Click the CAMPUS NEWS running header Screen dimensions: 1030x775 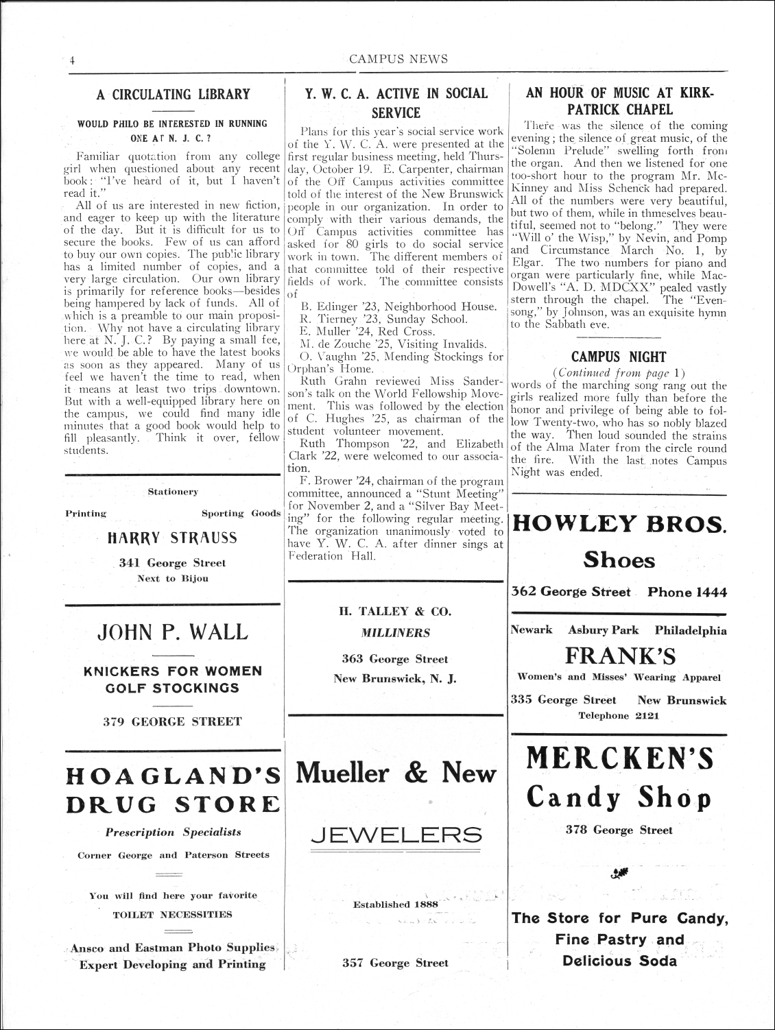[398, 59]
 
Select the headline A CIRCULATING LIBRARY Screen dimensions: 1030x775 [173, 95]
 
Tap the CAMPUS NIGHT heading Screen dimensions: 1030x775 [618, 357]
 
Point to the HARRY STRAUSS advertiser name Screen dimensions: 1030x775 [173, 538]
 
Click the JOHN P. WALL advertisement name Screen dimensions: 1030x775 [173, 631]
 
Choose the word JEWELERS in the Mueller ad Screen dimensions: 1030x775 [396, 834]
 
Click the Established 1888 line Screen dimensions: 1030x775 [391, 905]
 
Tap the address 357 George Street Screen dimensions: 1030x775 [395, 963]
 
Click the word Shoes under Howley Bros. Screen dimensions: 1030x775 [619, 560]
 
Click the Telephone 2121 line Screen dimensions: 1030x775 [618, 716]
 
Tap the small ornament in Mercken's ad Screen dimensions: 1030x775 [618, 872]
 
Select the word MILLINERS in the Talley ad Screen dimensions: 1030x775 [396, 633]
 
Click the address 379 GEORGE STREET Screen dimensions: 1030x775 [173, 721]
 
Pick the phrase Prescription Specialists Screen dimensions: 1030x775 [173, 832]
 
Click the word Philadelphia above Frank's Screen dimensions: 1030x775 [690, 630]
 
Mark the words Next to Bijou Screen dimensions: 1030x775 [173, 578]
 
